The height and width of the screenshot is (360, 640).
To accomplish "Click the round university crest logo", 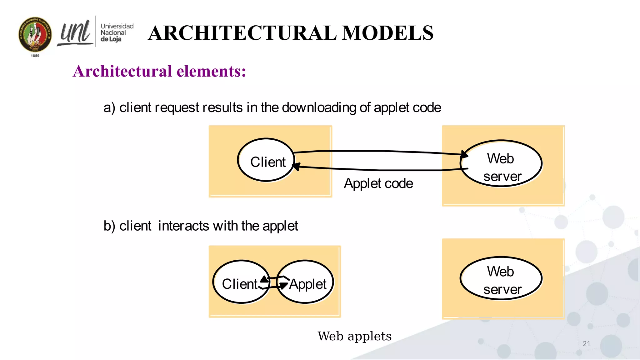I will (35, 34).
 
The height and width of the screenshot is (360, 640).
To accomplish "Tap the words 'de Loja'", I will (111, 39).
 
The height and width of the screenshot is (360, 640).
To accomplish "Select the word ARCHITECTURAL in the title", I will (242, 33).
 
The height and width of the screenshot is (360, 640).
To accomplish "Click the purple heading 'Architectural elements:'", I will (159, 71).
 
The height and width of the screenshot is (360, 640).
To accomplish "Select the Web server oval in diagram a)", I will (501, 163).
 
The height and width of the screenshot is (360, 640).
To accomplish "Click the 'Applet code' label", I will (378, 183).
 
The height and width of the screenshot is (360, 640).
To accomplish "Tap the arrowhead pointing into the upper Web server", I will (464, 154).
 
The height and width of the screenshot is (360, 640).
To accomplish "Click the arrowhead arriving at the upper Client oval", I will (296, 166).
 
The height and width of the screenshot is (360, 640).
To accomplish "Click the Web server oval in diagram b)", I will (501, 278).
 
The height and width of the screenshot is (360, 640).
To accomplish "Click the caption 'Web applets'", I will (354, 337).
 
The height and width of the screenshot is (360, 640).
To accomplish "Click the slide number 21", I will (587, 344).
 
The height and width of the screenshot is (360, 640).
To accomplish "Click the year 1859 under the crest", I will (35, 56).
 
